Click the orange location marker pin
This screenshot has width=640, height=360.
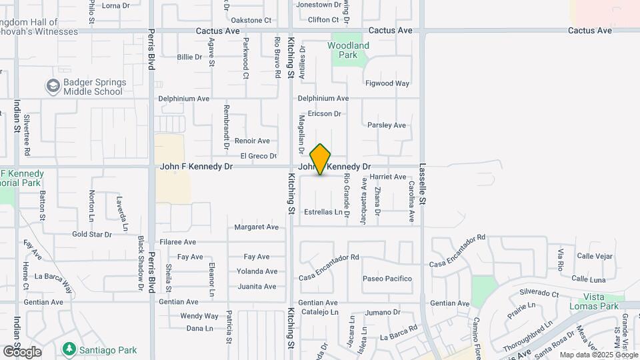(x=321, y=160)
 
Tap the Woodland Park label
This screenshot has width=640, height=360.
(x=348, y=50)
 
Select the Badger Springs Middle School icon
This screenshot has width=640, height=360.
(x=53, y=86)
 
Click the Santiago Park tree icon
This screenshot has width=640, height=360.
(x=68, y=349)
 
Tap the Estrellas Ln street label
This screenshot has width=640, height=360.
(x=323, y=212)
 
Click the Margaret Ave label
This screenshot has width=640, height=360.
(x=256, y=227)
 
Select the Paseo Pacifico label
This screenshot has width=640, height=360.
(x=387, y=279)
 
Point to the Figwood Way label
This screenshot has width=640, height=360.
(x=387, y=83)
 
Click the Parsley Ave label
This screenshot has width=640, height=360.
(x=387, y=125)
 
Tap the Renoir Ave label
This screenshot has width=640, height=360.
(x=252, y=141)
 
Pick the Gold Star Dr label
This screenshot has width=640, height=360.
(x=92, y=235)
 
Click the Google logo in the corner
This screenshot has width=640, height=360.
(x=22, y=352)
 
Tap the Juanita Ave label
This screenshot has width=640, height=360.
(x=257, y=287)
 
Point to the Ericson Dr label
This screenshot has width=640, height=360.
(x=324, y=113)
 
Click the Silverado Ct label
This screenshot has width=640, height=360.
(x=539, y=293)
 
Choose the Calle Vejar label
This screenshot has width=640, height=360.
(x=595, y=256)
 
